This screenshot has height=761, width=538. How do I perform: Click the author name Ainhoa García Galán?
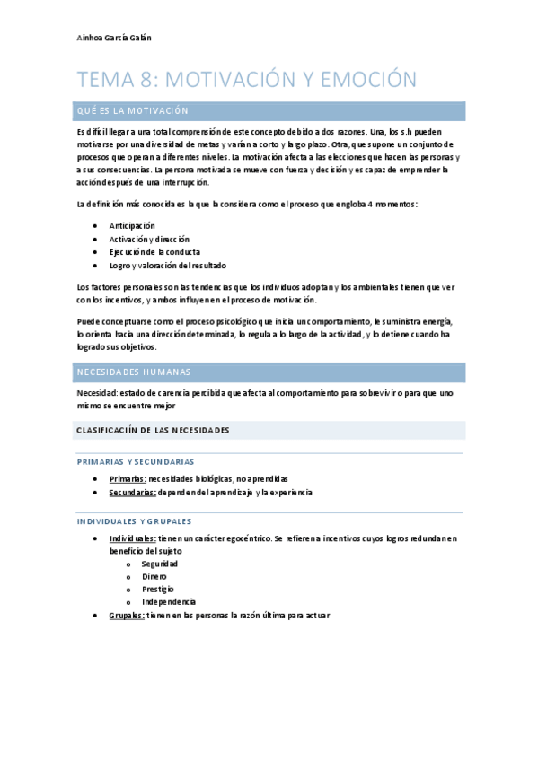[x=114, y=38]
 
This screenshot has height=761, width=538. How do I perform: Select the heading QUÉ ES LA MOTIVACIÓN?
[x=133, y=110]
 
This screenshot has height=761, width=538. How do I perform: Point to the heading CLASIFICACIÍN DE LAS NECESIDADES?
[x=153, y=430]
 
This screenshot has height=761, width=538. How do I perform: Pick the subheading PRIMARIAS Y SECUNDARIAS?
[x=135, y=461]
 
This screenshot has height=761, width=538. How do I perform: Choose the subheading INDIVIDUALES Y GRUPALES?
[x=134, y=520]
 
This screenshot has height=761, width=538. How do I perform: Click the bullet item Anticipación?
[x=132, y=225]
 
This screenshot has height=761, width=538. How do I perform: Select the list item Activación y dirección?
[x=149, y=239]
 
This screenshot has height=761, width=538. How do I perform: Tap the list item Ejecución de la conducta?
[x=154, y=252]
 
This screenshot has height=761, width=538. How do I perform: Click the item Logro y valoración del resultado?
[x=167, y=266]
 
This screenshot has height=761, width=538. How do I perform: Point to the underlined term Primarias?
[x=128, y=478]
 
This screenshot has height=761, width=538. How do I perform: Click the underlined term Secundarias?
[x=132, y=492]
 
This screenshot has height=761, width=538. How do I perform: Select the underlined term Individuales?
[x=132, y=538]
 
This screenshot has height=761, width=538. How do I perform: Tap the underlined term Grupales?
[x=128, y=615]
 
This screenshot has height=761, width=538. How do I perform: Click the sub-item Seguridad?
[x=159, y=564]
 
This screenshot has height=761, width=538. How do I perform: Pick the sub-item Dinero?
[x=154, y=576]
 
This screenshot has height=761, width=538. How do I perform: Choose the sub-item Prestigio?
[x=158, y=589]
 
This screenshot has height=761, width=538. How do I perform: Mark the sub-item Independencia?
[x=169, y=601]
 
